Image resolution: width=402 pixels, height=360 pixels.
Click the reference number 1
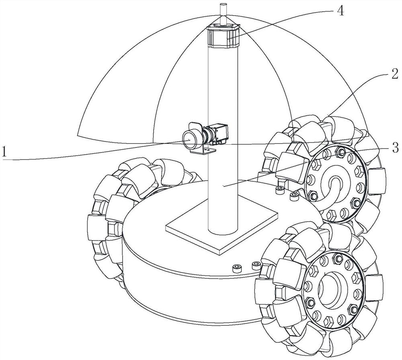[5, 152]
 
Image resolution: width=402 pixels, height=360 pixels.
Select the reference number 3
[395, 147]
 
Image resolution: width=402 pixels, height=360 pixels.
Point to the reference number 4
[340, 12]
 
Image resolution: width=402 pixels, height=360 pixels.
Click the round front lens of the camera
[189, 139]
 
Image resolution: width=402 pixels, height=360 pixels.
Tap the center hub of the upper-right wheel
[336, 186]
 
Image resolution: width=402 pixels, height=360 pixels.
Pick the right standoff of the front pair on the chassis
[255, 265]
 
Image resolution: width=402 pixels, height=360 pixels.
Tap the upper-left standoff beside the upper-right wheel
[280, 188]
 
